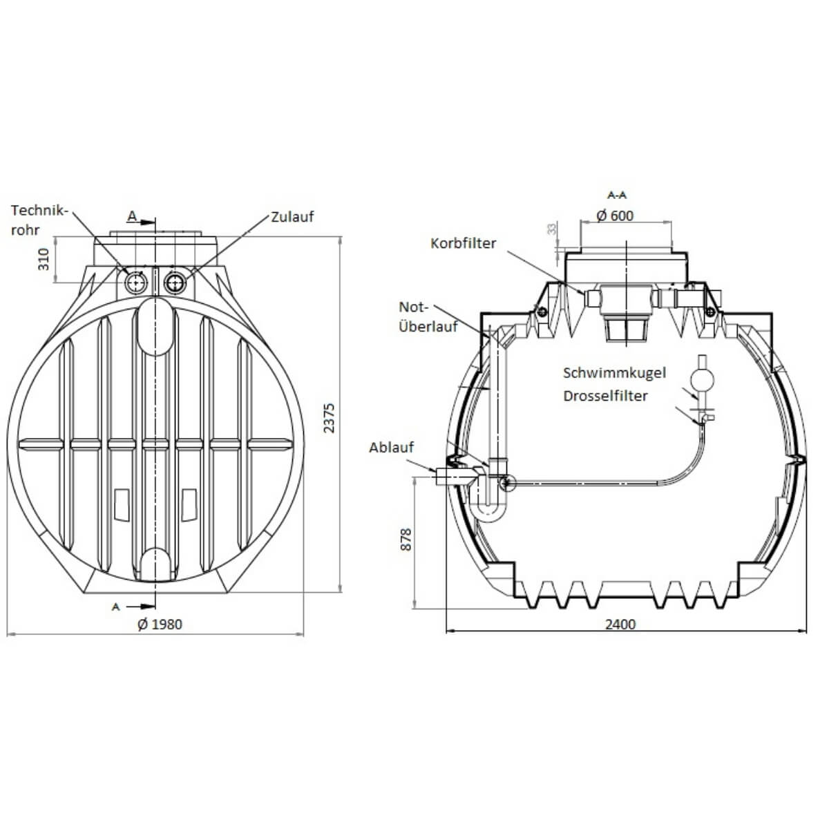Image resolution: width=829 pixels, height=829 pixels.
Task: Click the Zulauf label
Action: click(x=292, y=217)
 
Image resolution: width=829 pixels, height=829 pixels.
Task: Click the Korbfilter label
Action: click(x=464, y=243)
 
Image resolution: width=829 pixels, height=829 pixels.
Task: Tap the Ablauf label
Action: click(x=392, y=448)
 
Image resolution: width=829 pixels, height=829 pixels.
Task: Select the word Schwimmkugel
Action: click(x=614, y=372)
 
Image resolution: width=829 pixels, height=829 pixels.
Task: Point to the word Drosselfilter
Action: click(x=605, y=396)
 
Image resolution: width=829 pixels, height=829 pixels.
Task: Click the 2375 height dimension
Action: click(x=329, y=418)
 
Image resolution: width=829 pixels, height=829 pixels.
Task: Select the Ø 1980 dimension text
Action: click(x=160, y=624)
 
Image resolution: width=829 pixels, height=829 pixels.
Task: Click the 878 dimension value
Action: click(x=406, y=540)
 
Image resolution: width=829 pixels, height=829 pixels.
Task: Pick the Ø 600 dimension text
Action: click(x=616, y=216)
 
